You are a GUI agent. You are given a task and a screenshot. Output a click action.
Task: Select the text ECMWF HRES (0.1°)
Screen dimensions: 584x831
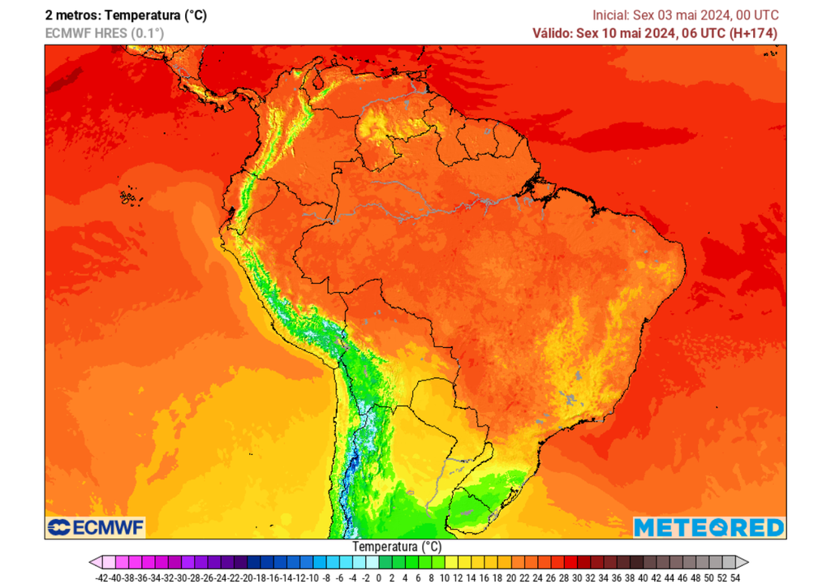tap(104, 33)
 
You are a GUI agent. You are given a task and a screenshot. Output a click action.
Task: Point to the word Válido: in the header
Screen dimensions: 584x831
tap(552, 33)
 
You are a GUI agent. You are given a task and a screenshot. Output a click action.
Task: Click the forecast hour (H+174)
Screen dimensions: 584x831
tap(752, 33)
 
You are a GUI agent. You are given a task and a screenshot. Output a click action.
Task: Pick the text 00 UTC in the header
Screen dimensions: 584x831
tap(754, 15)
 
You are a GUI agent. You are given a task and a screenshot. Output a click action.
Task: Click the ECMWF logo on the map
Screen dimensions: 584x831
tap(96, 528)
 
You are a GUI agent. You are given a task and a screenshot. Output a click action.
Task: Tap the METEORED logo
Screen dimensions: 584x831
tap(708, 528)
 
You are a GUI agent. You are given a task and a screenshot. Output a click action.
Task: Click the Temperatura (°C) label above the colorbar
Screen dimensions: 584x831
tap(397, 547)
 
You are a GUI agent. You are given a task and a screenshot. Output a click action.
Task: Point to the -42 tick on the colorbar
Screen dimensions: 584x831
tap(101, 578)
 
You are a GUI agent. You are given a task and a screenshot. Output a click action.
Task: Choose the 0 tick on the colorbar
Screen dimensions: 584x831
tap(379, 578)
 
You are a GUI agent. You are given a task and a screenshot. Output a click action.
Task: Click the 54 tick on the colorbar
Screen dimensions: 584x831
tap(735, 578)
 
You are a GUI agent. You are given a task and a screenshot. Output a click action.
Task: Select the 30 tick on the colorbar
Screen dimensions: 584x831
tap(577, 578)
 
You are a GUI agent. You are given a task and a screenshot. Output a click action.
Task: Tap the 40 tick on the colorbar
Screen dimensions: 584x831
tap(643, 578)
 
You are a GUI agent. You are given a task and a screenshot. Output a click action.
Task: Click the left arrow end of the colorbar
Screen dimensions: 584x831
tap(95, 562)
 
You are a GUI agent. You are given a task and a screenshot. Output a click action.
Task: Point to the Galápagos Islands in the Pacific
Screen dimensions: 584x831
tap(128, 197)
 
